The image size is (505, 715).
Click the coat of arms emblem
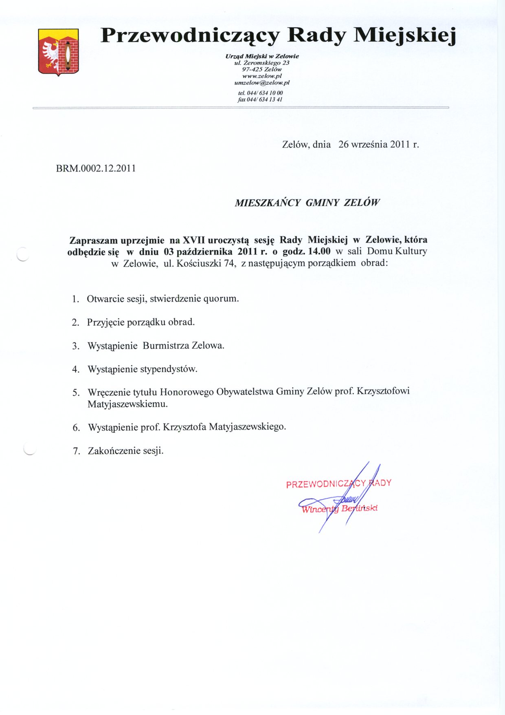[x=58, y=52]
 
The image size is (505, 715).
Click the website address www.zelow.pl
[x=262, y=76]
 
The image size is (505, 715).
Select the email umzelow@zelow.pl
[x=262, y=82]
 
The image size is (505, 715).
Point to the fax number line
[x=260, y=99]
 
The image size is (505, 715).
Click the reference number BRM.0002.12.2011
[x=96, y=168]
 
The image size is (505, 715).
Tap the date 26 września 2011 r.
[x=378, y=144]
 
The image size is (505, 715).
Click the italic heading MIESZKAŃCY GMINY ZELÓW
[x=307, y=203]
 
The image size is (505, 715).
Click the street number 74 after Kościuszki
[x=229, y=263]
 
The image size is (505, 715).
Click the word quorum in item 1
[x=221, y=299]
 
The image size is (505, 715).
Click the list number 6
[x=76, y=428]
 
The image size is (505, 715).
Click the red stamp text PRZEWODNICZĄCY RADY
[x=338, y=483]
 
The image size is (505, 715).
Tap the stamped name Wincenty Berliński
[x=339, y=509]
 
